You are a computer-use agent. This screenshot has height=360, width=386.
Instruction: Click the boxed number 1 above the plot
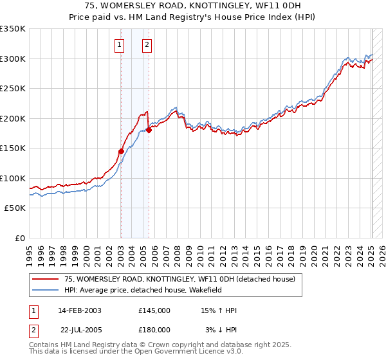120,44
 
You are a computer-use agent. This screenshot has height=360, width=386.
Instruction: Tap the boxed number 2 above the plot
147,44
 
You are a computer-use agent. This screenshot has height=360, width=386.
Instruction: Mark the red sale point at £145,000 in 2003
121,151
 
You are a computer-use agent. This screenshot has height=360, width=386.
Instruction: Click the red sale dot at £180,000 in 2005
149,130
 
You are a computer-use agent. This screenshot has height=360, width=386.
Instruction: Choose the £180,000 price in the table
154,330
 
